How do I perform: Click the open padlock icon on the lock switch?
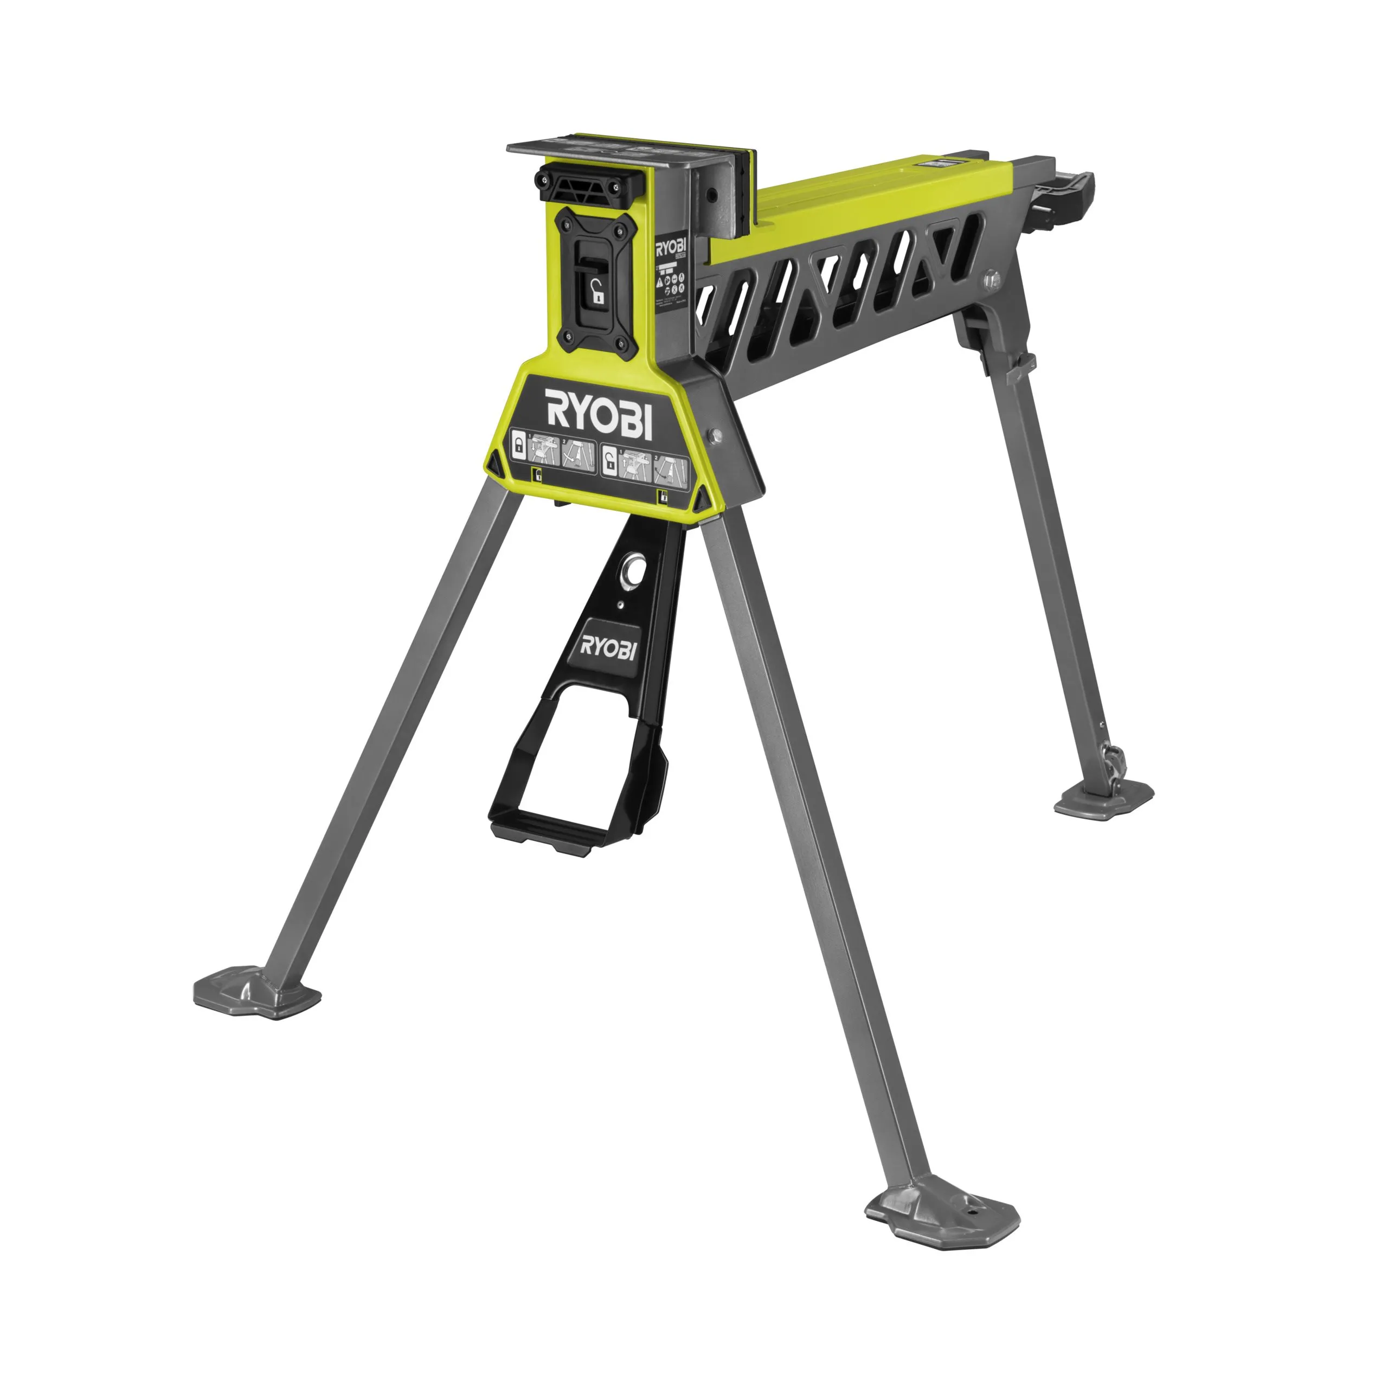tap(595, 292)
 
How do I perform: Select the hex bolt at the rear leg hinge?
tap(992, 278)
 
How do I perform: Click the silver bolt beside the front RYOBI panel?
tap(715, 434)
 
